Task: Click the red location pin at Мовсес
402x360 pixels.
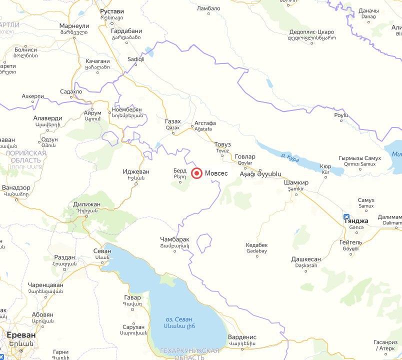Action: point(197,173)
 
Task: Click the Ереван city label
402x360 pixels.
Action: point(21,334)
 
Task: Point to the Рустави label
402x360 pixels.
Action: point(111,11)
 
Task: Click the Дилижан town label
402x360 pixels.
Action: point(86,204)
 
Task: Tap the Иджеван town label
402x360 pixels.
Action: point(136,171)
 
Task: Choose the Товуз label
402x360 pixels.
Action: point(222,144)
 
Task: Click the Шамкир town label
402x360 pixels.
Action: point(296,182)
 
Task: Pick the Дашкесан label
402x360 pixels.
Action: point(306,259)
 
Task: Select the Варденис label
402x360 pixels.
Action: point(242,337)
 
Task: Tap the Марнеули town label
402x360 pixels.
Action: point(74,25)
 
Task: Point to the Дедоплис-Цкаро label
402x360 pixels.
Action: point(311,32)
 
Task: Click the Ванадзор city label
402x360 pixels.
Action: point(16,187)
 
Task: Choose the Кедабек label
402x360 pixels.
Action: point(257,245)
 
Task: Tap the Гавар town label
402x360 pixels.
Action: point(132,297)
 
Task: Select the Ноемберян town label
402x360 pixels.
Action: point(127,109)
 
